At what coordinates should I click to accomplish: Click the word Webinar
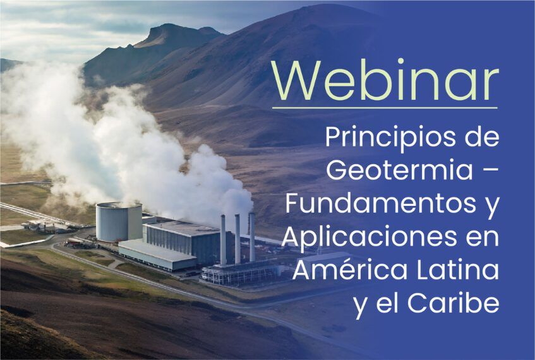385,80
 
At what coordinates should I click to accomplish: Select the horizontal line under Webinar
385,108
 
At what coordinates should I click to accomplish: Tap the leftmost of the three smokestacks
223,240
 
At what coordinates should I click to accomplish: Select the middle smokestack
237,239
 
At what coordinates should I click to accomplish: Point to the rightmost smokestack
252,237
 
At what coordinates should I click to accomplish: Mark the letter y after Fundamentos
492,208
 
